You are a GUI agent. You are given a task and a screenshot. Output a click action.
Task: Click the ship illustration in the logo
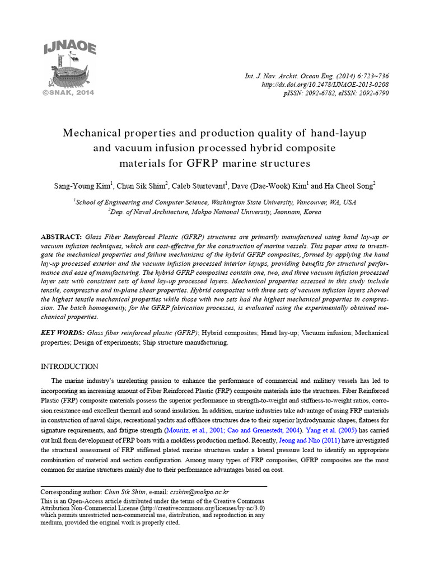tap(68, 72)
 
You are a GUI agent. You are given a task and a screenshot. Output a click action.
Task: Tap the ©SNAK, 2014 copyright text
tap(68, 92)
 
